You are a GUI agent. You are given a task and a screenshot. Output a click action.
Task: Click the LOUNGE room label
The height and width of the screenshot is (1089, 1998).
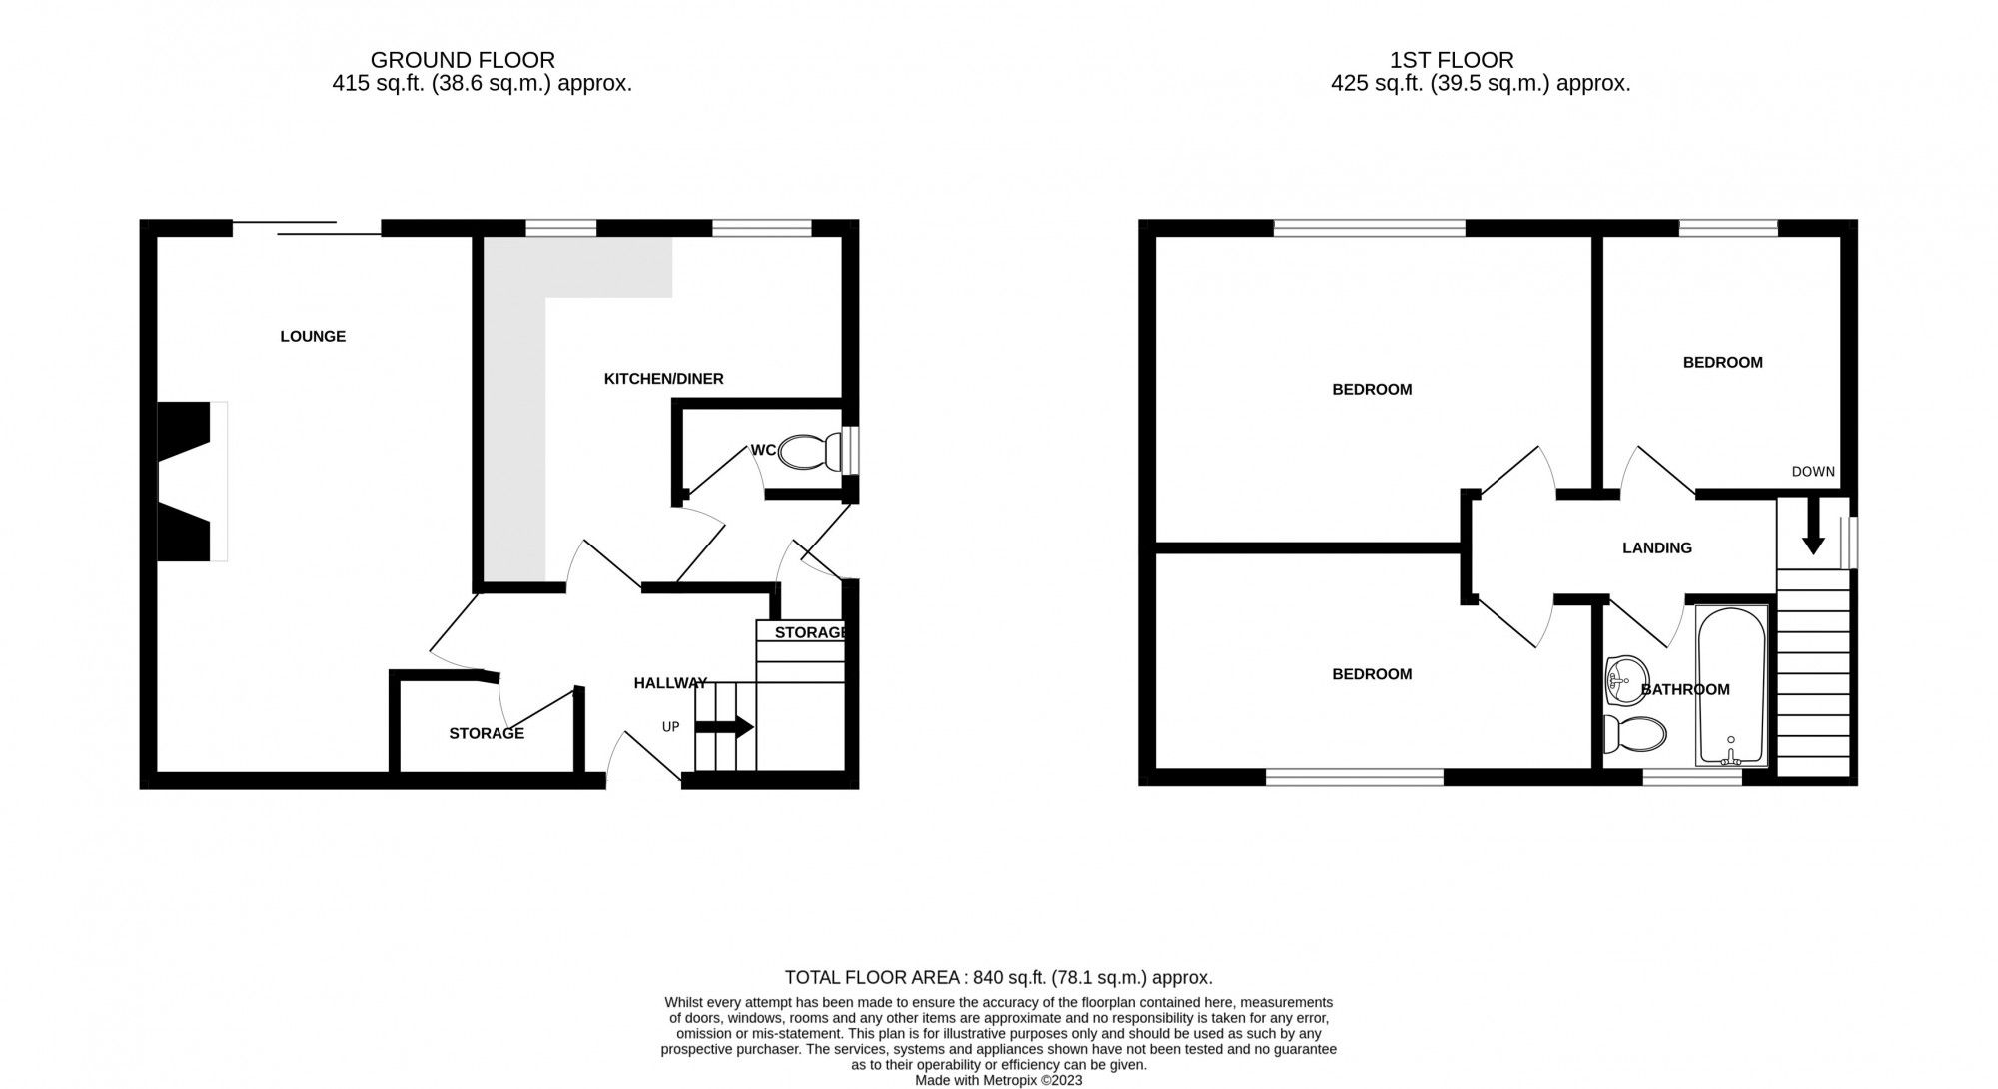coord(313,337)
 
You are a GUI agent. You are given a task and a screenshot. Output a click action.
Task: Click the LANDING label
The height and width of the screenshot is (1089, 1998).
coord(1657,548)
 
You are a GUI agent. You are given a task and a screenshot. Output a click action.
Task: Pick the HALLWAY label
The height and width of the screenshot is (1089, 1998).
coord(670,683)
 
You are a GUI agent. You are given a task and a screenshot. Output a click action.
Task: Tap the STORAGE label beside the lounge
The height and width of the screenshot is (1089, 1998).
coord(487,734)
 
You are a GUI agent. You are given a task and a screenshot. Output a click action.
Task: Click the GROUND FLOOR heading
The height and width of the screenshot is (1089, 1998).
coord(463,61)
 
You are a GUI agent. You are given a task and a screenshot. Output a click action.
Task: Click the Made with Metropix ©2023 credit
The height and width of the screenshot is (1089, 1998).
coord(998,1080)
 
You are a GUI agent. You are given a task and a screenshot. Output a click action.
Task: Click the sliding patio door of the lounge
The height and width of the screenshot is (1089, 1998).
coord(307,228)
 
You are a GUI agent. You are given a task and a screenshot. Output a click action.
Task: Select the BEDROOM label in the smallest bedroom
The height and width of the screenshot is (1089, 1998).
coord(1722,363)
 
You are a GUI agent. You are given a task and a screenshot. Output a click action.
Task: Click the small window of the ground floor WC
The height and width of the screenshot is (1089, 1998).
coord(850,451)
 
